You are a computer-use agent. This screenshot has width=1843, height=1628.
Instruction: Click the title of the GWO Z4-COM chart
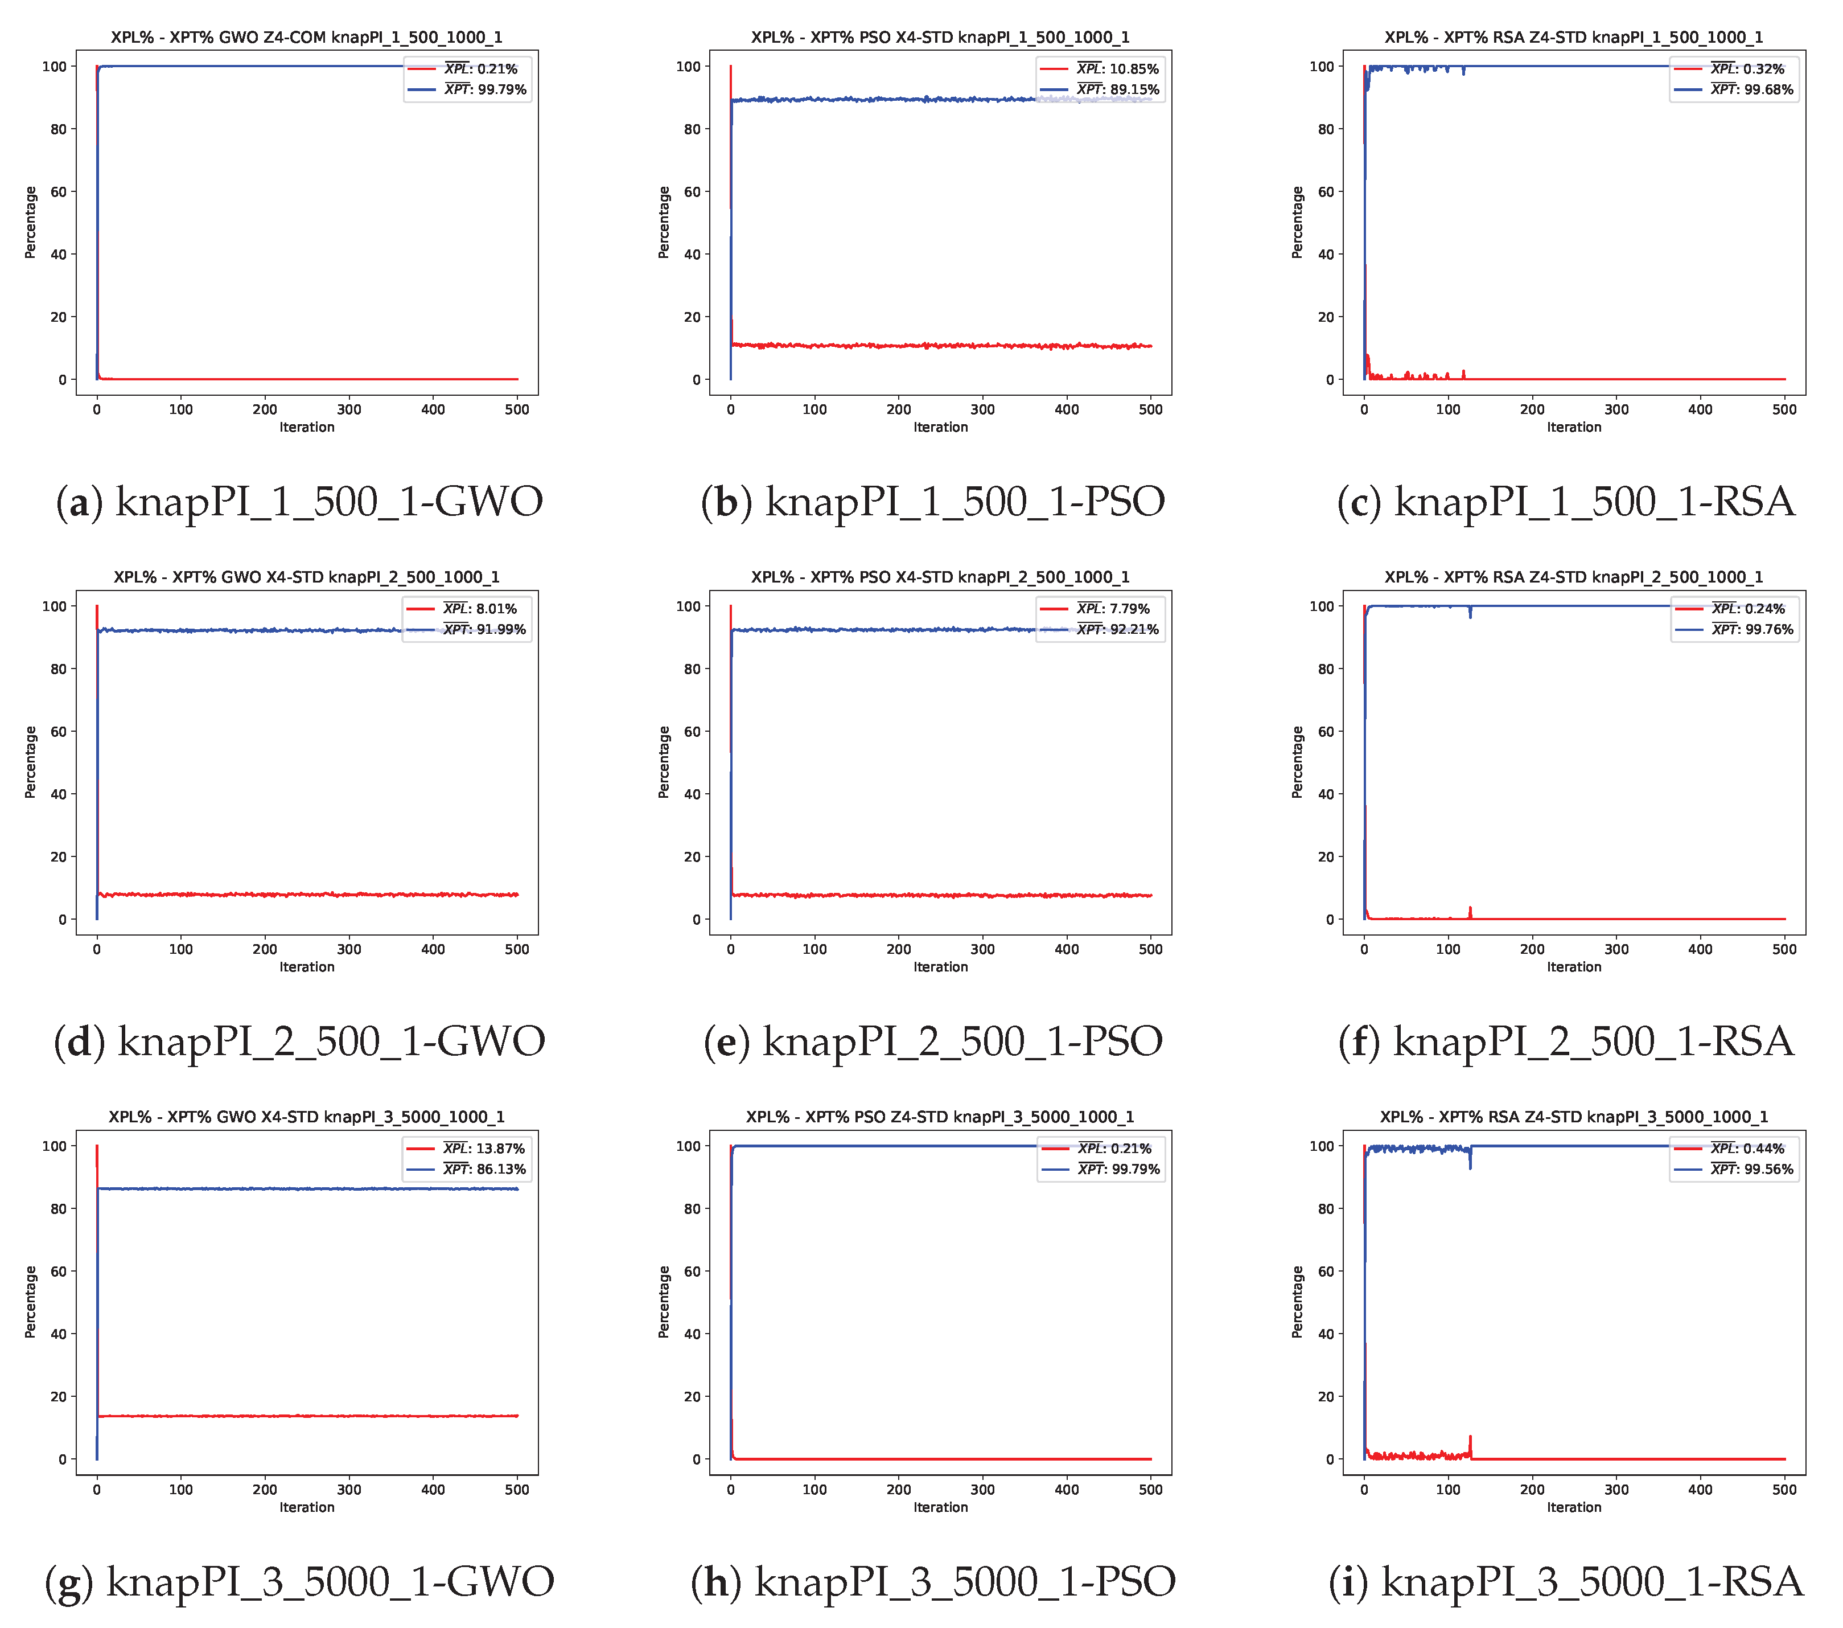pos(307,37)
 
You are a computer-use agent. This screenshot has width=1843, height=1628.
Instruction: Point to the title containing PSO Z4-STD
pos(940,1117)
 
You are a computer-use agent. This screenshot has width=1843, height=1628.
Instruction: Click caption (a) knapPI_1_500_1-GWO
pos(299,502)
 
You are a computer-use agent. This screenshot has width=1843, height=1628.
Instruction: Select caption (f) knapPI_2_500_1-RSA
pos(1566,1041)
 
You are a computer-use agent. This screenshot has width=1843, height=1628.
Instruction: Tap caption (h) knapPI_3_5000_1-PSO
pos(933,1582)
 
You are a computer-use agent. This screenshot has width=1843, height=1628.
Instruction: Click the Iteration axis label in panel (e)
pos(940,967)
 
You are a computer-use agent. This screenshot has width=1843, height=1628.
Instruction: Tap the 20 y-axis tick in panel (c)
pos(1326,317)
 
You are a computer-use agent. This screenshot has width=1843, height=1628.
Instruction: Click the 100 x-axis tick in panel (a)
pos(180,409)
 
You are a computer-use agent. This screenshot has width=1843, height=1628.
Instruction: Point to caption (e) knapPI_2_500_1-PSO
pos(933,1041)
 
